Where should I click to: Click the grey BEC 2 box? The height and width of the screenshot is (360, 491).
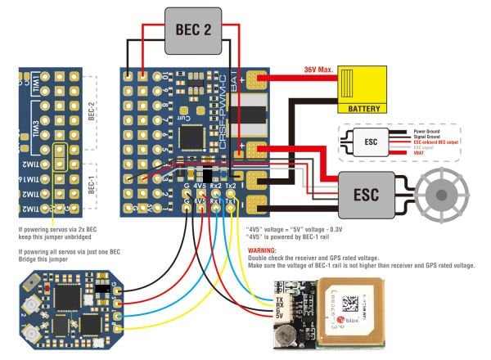click(x=193, y=30)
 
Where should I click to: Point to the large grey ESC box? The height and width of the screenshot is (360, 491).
click(x=367, y=196)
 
